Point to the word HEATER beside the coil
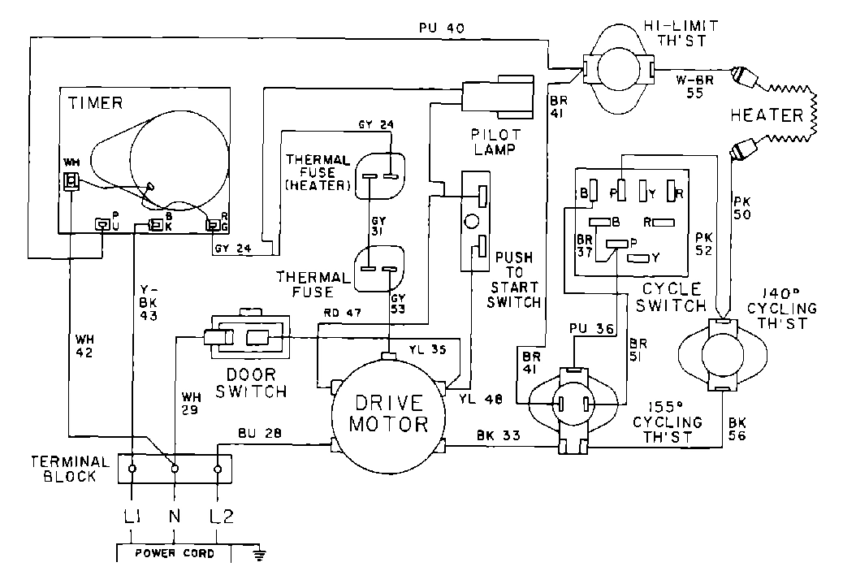tap(766, 116)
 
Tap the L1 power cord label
tap(131, 514)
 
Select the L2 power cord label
tap(218, 514)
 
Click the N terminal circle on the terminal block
tap(174, 469)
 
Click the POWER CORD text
tap(175, 553)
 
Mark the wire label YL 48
tap(481, 399)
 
